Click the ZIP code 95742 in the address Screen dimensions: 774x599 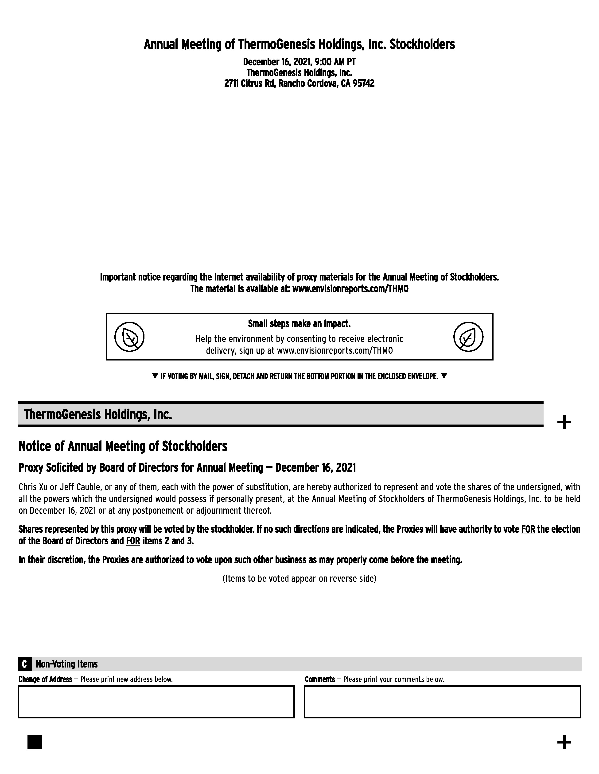coord(363,84)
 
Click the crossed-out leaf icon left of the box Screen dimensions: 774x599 coord(129,337)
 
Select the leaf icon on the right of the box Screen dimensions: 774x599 coord(468,337)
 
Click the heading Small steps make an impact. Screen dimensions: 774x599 coord(299,324)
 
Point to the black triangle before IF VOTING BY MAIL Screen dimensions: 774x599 coord(155,376)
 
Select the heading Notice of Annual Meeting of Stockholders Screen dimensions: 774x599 coord(123,446)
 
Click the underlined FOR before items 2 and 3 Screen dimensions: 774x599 coord(133,541)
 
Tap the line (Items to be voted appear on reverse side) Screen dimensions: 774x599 coord(299,578)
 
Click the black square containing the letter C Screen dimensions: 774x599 coord(24,664)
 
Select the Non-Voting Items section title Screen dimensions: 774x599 coord(67,664)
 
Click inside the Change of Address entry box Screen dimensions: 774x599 coord(156,702)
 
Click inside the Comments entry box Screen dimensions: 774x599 coord(442,702)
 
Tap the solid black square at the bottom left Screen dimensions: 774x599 coord(35,742)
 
